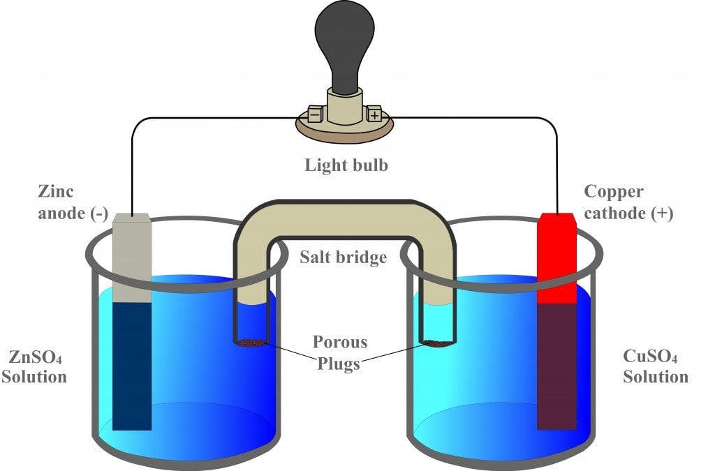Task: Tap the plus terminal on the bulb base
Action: [x=374, y=114]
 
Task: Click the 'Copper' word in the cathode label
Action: [x=613, y=191]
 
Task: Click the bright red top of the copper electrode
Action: [x=556, y=258]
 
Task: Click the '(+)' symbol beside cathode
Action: [x=658, y=214]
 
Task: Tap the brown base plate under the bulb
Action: [x=345, y=130]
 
